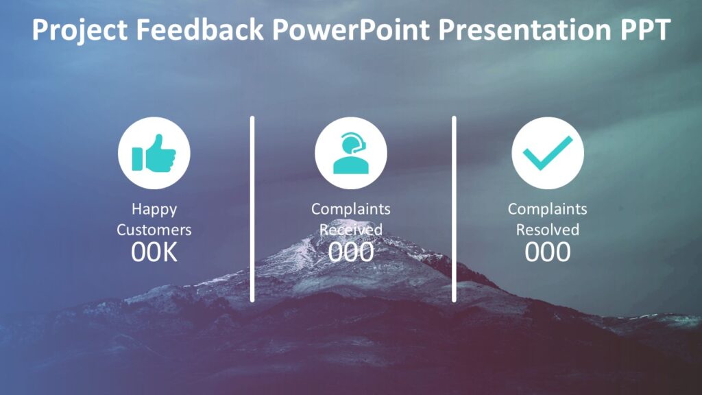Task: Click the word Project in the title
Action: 79,29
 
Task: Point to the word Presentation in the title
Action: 521,29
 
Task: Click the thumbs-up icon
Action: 154,153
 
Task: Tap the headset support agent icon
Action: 351,153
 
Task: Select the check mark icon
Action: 548,153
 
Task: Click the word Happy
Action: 154,209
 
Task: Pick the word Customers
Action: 154,230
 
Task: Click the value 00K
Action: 154,252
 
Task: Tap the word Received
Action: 351,230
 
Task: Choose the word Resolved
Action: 548,230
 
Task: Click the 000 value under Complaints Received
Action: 351,252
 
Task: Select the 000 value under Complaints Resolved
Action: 548,252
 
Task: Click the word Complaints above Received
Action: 351,209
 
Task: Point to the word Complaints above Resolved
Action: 548,209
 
